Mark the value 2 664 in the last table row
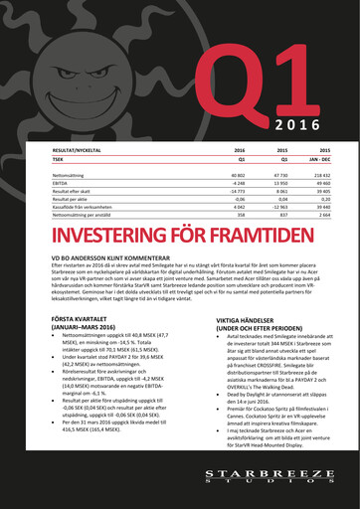coord(321,216)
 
